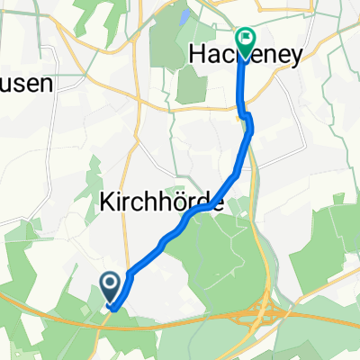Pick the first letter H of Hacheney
pyautogui.click(x=199, y=56)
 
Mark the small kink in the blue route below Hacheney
pyautogui.click(x=245, y=115)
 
